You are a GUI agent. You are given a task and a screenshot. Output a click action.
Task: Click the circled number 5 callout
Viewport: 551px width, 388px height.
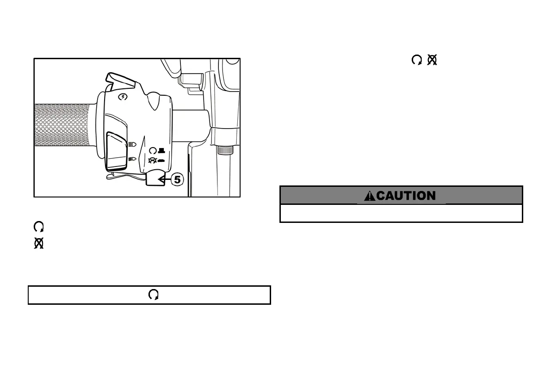click(178, 179)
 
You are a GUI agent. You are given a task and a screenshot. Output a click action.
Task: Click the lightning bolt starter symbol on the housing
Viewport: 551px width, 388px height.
click(123, 97)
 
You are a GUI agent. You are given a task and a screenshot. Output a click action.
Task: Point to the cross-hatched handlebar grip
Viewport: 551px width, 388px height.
click(62, 125)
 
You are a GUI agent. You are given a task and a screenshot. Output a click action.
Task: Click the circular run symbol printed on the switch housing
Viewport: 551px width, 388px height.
click(153, 150)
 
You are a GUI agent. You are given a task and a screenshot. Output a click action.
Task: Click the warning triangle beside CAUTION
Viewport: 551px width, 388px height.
click(370, 196)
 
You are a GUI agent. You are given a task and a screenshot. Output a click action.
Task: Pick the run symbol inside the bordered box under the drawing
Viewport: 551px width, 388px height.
click(154, 295)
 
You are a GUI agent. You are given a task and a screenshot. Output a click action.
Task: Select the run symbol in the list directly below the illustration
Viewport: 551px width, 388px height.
click(39, 227)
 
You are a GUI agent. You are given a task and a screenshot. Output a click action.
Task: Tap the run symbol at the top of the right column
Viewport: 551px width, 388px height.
click(416, 60)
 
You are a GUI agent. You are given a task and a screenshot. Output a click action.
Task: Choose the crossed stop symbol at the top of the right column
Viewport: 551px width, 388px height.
click(432, 60)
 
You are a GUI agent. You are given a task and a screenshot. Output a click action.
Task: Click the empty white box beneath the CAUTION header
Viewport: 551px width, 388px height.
click(401, 213)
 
